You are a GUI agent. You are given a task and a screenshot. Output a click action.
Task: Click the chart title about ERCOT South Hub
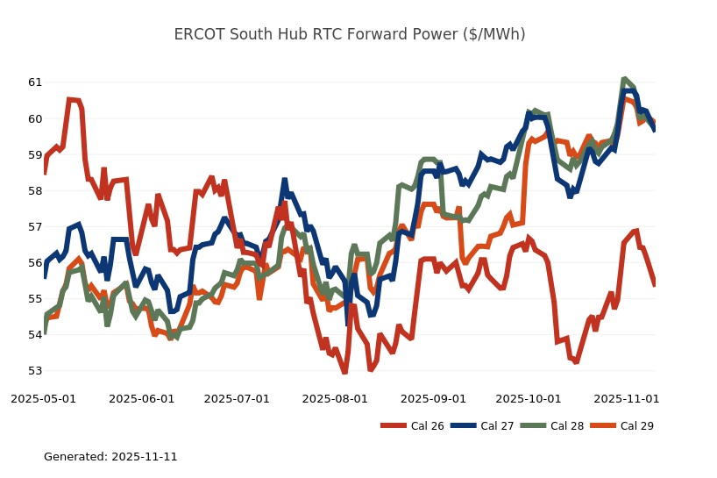tap(350, 35)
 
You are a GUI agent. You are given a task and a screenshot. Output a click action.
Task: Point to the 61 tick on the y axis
tap(34, 82)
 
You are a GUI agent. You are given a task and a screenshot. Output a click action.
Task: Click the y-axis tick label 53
tap(34, 371)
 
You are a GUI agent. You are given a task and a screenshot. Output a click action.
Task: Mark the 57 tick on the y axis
tap(34, 226)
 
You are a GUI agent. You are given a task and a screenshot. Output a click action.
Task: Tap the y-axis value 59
tap(34, 154)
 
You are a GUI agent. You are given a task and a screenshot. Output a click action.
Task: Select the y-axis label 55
tap(34, 299)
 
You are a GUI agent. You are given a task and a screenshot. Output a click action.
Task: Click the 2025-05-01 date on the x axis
tap(43, 398)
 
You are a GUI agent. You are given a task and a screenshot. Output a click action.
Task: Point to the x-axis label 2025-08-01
tap(335, 398)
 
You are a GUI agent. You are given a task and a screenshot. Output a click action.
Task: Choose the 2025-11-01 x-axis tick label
tap(627, 398)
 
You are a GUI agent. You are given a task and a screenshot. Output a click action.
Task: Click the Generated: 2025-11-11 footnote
tap(110, 457)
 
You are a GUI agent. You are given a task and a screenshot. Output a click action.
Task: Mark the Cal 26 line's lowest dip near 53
tap(344, 372)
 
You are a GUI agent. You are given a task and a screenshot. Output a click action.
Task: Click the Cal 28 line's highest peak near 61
tap(623, 79)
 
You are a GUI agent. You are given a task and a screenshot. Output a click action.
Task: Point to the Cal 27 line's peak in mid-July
tap(284, 180)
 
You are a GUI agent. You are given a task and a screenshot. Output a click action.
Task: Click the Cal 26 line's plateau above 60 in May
tap(74, 100)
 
